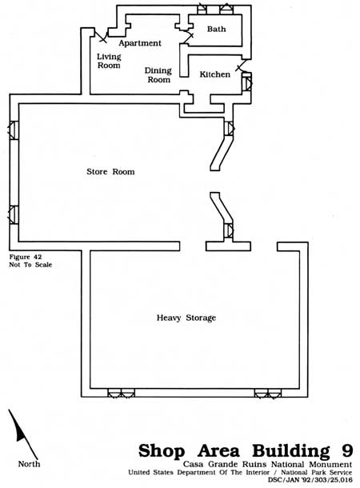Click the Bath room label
tap(216, 29)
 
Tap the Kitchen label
tap(215, 74)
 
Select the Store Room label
tap(110, 171)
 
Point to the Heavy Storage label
tap(186, 318)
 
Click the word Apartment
tap(140, 43)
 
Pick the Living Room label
tap(109, 61)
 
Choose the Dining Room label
tap(158, 75)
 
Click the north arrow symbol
tap(22, 434)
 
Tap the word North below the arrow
tap(29, 464)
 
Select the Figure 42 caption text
tap(26, 257)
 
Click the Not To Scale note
tap(30, 265)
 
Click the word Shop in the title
tap(162, 450)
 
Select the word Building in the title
tap(291, 451)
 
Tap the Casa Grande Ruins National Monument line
tap(267, 464)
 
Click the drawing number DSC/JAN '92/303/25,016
tap(310, 480)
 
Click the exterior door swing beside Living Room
tap(102, 36)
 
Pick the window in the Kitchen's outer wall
tap(247, 82)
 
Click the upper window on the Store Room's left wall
tap(13, 130)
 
